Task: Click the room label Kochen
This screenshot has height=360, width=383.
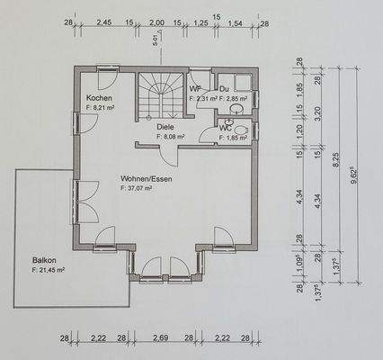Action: click(x=100, y=97)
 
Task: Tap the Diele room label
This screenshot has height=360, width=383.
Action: click(x=165, y=127)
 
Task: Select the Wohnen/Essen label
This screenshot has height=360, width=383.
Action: click(x=146, y=178)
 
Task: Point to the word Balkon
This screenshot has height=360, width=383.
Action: click(x=44, y=258)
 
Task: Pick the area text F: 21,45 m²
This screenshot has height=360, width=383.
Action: click(x=52, y=269)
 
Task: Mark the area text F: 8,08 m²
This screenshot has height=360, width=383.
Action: click(x=170, y=137)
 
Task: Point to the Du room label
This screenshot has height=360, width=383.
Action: click(x=225, y=89)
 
